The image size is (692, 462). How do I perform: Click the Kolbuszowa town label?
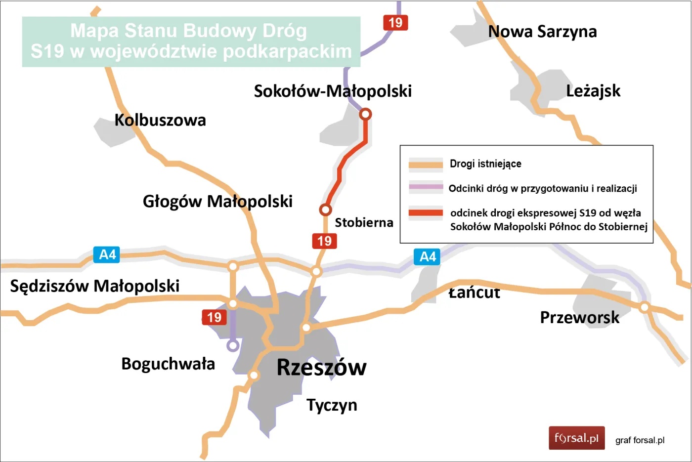pos(160,120)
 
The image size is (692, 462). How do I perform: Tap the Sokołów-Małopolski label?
pos(333,91)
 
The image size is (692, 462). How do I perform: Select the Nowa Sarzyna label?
pos(542,32)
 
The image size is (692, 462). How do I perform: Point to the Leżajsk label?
pos(593,91)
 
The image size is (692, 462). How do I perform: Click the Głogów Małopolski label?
pos(217,202)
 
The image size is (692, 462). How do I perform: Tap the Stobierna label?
pos(364,223)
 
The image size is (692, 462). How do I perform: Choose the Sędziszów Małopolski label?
pos(95,286)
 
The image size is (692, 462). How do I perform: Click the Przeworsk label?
pos(579,317)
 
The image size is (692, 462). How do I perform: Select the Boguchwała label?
pos(168,364)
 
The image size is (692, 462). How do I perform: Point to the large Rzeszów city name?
pos(321,368)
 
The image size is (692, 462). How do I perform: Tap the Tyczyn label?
pos(332,405)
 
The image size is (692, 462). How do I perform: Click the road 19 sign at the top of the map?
pos(395,23)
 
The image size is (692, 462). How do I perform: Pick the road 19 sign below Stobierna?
pos(324,241)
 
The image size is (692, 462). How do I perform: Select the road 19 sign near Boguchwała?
pos(214,317)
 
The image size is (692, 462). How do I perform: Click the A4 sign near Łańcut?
pos(427,257)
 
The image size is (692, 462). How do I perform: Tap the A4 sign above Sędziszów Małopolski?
pos(107,255)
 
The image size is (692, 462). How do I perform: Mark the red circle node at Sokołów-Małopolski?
pos(365,114)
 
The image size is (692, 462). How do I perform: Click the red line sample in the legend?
pos(426,213)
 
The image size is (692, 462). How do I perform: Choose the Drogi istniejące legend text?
pos(485,164)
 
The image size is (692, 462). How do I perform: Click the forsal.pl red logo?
pos(576,438)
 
